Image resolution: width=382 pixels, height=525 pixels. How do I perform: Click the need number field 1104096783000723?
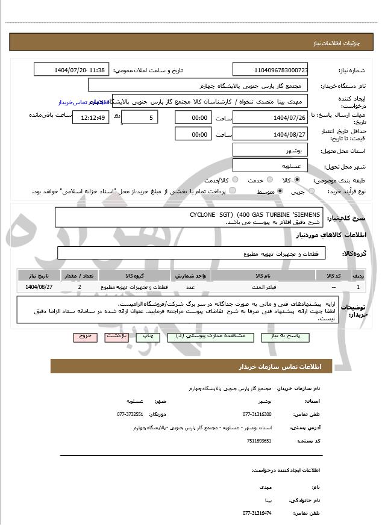(271, 70)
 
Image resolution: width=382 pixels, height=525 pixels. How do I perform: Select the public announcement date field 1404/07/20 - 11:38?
(71, 70)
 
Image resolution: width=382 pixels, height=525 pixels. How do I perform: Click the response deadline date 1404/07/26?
(271, 117)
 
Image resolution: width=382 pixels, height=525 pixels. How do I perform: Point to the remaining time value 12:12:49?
(90, 117)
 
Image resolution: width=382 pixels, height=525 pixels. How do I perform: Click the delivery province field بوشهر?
(271, 150)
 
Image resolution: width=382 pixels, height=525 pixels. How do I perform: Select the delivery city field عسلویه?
(271, 166)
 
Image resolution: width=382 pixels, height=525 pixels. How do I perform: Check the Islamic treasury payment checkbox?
(232, 191)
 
